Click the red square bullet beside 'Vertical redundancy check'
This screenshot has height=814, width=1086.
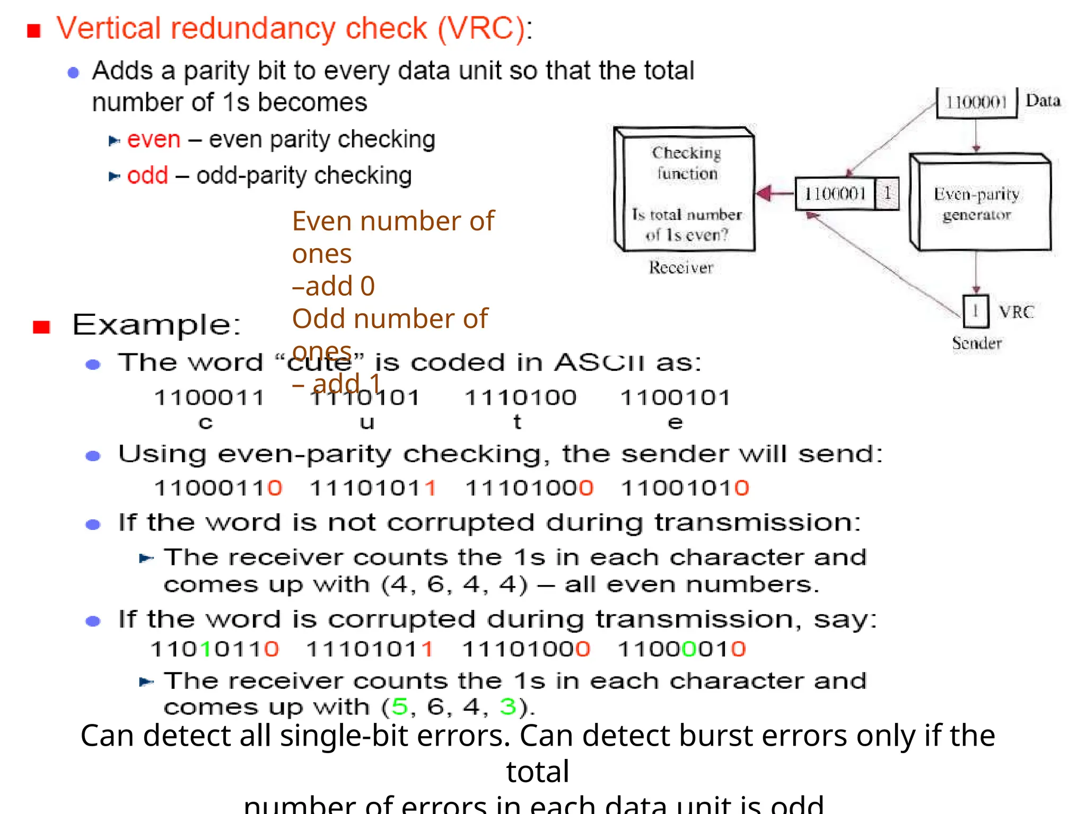pos(34,31)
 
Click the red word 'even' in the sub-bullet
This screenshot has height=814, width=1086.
pos(154,139)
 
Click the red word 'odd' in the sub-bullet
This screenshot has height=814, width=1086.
pos(147,175)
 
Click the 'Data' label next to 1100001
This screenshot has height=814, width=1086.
pos(1043,101)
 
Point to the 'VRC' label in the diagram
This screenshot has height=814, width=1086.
pos(1017,312)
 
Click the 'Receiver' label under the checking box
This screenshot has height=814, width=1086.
pos(681,268)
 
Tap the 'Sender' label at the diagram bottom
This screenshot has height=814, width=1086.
pos(977,343)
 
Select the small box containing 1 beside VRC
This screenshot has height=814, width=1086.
pos(976,311)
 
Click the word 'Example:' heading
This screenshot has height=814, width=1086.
pos(156,324)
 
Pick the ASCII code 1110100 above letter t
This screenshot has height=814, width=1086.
pos(520,397)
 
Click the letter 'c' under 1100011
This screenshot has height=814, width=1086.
pos(206,422)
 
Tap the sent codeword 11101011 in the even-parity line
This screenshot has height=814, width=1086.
pos(373,488)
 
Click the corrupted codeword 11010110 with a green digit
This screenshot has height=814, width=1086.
pos(214,649)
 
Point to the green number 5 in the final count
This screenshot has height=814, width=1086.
pos(400,707)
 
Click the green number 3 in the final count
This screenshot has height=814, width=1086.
pos(507,707)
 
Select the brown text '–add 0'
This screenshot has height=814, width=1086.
pos(334,286)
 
